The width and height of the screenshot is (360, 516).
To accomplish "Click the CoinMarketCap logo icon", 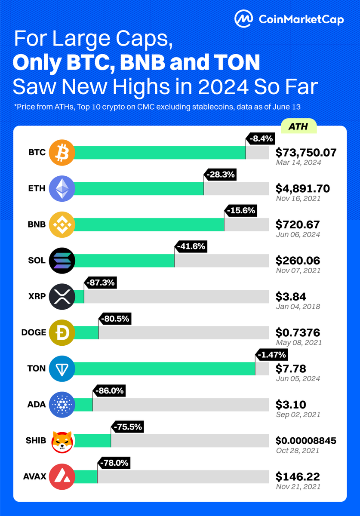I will point(243,19).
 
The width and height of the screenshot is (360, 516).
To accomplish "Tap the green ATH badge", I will point(298,127).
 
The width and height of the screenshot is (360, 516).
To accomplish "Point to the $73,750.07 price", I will point(306,152).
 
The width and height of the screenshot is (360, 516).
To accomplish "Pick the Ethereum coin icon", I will point(62,189).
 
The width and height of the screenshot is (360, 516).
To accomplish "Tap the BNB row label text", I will point(36,224).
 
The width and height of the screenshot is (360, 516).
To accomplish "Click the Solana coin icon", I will point(62,261).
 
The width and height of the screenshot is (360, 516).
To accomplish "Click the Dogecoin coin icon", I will point(62,332).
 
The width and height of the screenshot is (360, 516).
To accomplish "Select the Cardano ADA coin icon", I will point(62,405).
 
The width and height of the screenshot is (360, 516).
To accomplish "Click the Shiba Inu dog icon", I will point(62,441).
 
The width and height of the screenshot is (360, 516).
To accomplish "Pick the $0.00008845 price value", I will point(306,441).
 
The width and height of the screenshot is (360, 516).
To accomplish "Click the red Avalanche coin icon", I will point(62,477).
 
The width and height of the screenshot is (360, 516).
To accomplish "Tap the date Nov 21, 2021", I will point(297,487).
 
